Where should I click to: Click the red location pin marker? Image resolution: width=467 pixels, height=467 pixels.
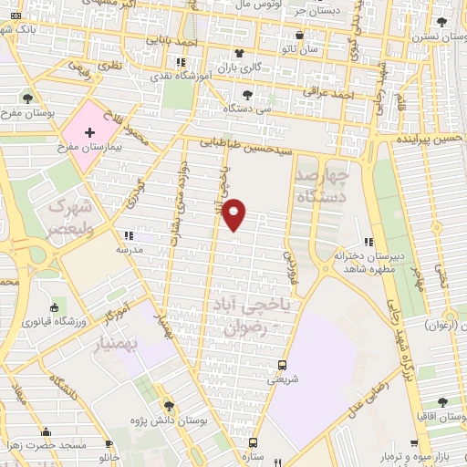(x=234, y=213)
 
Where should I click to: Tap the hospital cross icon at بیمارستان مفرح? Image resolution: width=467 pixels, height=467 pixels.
(x=88, y=133)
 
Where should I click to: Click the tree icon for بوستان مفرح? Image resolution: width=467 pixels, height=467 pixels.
(x=26, y=99)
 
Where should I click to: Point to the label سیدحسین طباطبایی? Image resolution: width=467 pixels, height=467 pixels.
(x=262, y=143)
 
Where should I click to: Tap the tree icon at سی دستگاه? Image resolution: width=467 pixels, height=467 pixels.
(x=248, y=94)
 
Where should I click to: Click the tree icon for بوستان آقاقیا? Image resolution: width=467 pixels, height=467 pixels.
(x=441, y=402)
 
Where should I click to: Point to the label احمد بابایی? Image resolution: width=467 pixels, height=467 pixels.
(x=175, y=42)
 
